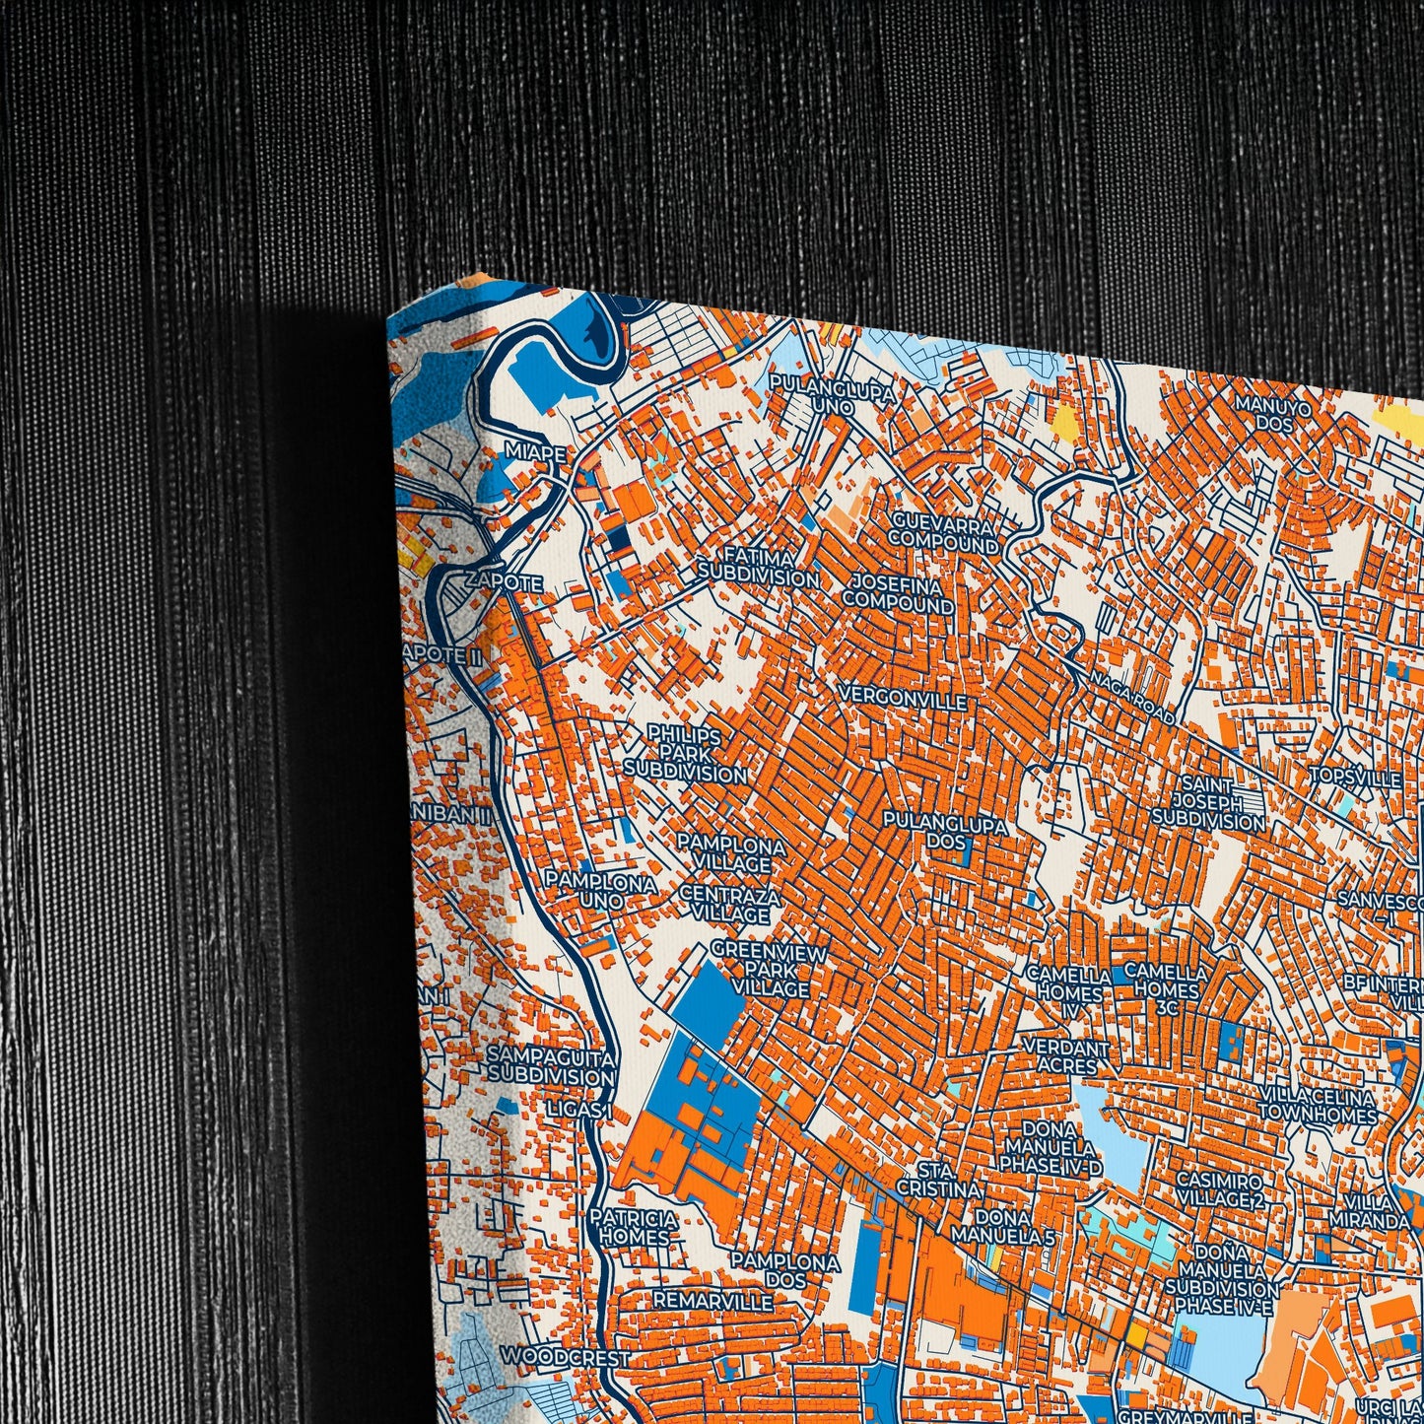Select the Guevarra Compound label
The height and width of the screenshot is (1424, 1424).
(944, 532)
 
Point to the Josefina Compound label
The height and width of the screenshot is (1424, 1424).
(898, 593)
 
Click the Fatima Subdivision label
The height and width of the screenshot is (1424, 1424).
(758, 568)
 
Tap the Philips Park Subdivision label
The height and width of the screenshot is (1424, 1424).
(685, 754)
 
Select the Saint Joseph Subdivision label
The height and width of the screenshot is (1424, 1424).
(1207, 802)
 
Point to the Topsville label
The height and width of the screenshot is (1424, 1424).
(1355, 779)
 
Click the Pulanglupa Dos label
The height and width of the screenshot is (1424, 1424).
(945, 832)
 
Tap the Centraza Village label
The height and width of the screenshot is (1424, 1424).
(730, 906)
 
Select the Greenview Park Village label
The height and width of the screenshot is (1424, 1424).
(767, 969)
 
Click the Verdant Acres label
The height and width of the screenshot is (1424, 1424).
(1066, 1055)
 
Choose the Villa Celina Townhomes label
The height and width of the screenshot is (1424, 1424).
(1318, 1106)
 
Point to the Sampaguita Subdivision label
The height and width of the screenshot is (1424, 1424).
(551, 1066)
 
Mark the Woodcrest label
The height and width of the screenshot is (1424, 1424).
(564, 1357)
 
